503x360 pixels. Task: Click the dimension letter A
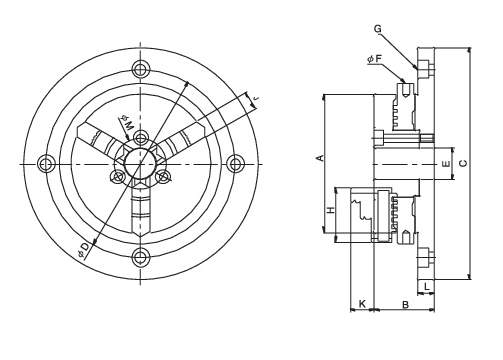(x=320, y=158)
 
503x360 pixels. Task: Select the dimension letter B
(x=405, y=305)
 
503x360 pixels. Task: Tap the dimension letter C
(x=463, y=163)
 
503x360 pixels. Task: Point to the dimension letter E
(x=446, y=164)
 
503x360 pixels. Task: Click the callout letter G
(x=377, y=29)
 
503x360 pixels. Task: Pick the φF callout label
(x=374, y=59)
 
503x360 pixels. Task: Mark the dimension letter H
(x=330, y=210)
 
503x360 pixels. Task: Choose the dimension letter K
(x=362, y=304)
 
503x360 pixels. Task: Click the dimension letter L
(x=427, y=286)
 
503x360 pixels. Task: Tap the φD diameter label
(x=84, y=251)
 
